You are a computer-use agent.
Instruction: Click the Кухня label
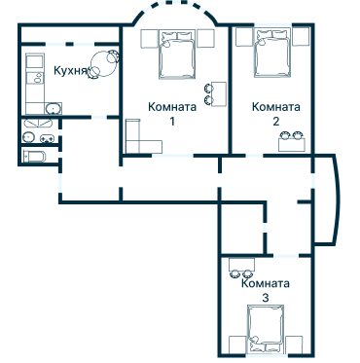pyautogui.click(x=71, y=70)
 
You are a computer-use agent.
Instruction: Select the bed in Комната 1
pyautogui.click(x=177, y=54)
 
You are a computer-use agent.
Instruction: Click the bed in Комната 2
pyautogui.click(x=272, y=53)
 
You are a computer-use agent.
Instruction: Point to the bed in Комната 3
pyautogui.click(x=266, y=329)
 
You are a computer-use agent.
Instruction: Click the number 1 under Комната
pyautogui.click(x=172, y=122)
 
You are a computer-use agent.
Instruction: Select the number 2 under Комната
pyautogui.click(x=275, y=122)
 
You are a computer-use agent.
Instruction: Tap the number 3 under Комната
pyautogui.click(x=266, y=298)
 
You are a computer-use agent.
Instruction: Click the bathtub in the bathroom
pyautogui.click(x=38, y=124)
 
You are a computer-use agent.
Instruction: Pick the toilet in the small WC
pyautogui.click(x=35, y=157)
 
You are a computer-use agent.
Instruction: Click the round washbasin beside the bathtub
pyautogui.click(x=29, y=137)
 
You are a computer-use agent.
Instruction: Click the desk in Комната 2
pyautogui.click(x=292, y=144)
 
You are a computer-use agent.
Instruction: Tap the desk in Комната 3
pyautogui.click(x=241, y=265)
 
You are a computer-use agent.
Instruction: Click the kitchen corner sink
pyautogui.click(x=54, y=109)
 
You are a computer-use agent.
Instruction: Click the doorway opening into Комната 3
pyautogui.click(x=286, y=256)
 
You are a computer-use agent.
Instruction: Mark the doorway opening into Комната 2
pyautogui.click(x=254, y=156)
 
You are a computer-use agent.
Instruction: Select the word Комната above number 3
pyautogui.click(x=266, y=283)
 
